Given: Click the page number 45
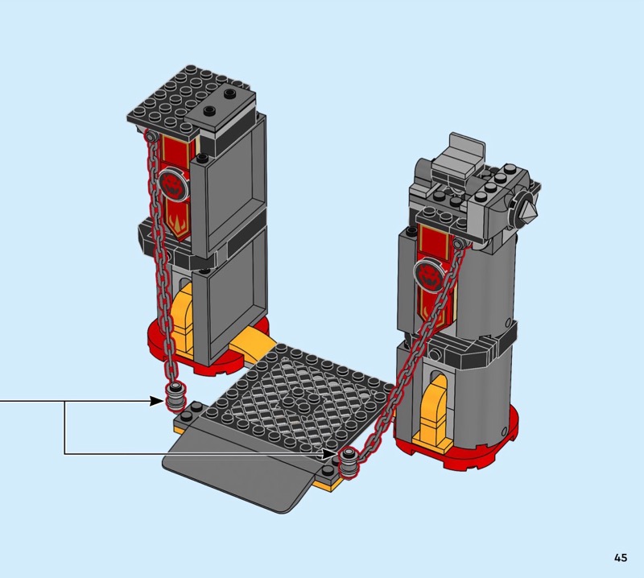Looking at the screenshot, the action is point(621,557).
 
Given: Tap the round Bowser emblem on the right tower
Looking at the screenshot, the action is point(429,275).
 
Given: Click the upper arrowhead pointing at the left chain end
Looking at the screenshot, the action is point(156,401).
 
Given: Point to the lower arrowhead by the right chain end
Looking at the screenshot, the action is point(329,454).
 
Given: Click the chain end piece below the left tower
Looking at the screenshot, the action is point(176,396).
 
